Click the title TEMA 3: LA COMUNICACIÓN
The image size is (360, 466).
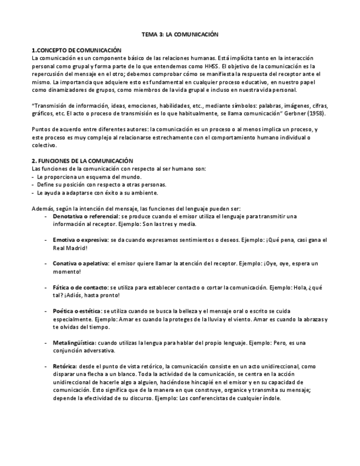(180, 34)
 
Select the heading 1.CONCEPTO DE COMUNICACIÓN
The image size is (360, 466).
(76, 50)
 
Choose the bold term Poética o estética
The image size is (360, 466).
(77, 311)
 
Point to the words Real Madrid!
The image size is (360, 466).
(67, 248)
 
